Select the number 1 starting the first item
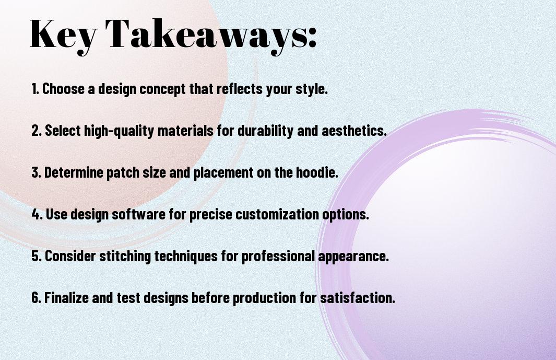click(34, 89)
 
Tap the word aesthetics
click(354, 131)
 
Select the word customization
click(277, 214)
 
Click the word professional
click(278, 257)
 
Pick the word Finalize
click(66, 297)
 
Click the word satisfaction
click(358, 297)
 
